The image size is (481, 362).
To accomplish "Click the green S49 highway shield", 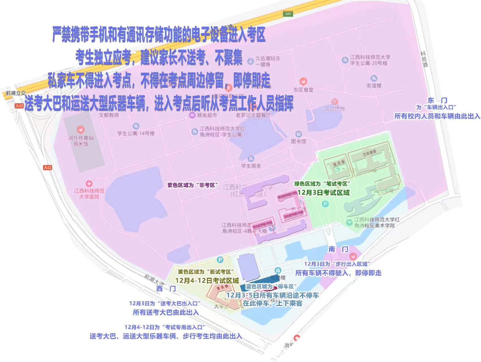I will point(288,14).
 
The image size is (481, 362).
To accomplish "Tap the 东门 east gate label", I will point(437,100).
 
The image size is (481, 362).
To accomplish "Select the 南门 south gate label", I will point(338,249).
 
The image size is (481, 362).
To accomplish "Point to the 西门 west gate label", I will point(166,289).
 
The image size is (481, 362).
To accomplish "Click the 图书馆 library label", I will point(298,141).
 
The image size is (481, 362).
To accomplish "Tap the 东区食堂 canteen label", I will point(303,90).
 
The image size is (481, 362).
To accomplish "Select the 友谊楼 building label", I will point(374,85).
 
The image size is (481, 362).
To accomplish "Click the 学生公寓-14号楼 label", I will point(136,133).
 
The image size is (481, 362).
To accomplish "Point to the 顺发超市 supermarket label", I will point(207,115).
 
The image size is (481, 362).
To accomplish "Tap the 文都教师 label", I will point(109,115).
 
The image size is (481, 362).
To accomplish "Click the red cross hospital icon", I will point(89,184).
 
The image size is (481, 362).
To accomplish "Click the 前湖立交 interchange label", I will point(16,93).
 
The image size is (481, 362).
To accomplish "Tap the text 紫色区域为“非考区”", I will point(193,185).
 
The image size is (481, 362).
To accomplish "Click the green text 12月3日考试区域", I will point(323,193).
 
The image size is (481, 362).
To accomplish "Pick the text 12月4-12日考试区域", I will point(207,281).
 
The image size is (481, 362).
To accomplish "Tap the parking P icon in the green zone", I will point(326,204).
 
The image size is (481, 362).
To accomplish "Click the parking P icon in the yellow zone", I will point(220,260).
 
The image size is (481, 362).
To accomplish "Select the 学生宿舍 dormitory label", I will point(251,166).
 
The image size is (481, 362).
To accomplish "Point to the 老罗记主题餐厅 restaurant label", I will point(253,115).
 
